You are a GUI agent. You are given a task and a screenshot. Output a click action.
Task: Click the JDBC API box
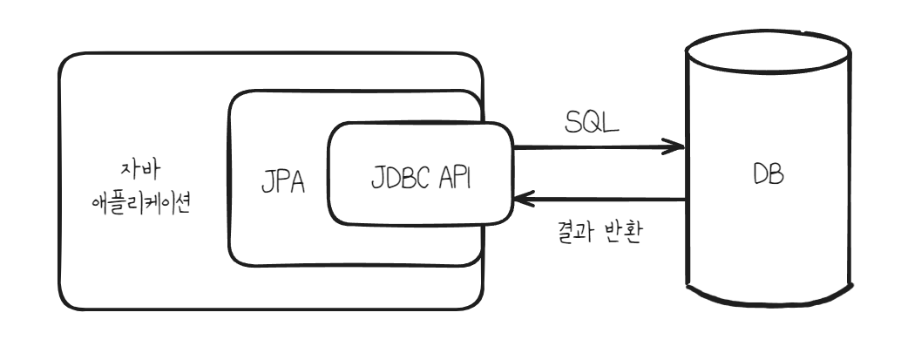(418, 174)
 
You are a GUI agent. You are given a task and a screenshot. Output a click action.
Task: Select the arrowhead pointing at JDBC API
(523, 200)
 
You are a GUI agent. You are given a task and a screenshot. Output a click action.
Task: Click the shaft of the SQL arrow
(593, 147)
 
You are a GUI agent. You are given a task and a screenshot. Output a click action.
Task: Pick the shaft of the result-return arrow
(601, 200)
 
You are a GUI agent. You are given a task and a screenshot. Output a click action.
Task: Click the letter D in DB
(760, 173)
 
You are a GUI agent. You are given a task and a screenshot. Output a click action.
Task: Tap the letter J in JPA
(266, 187)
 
